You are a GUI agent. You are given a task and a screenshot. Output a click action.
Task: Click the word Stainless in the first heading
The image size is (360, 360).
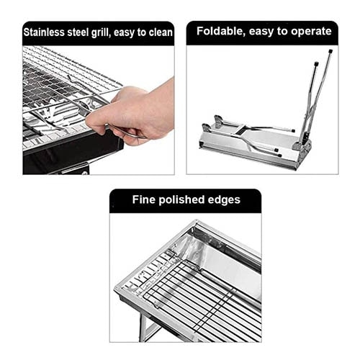(44, 32)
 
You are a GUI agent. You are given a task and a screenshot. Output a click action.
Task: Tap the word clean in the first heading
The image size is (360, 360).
(161, 32)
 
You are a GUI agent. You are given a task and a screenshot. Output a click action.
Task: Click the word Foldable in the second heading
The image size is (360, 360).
(221, 31)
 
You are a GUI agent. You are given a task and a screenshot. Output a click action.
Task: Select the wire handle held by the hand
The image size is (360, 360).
(127, 132)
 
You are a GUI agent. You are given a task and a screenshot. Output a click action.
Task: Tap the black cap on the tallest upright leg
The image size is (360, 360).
(330, 51)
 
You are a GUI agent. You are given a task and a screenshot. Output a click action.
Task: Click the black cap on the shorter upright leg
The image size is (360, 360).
(316, 64)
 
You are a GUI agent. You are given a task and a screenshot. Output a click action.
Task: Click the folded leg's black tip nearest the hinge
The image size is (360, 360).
(293, 131)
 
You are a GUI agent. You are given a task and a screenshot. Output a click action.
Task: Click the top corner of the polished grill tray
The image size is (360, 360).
(197, 220)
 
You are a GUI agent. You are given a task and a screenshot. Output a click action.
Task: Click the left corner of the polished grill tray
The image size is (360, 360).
(115, 287)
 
